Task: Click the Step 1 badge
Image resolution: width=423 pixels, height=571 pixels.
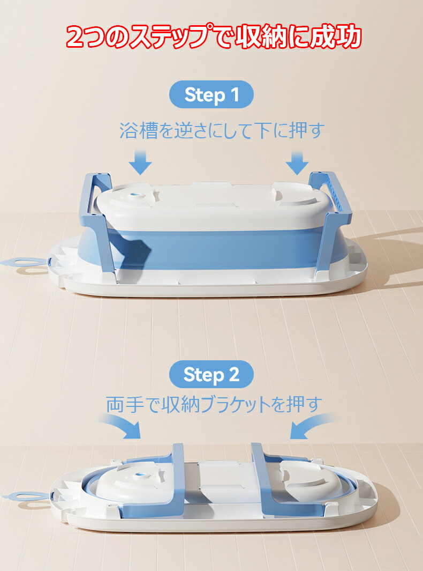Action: point(211,94)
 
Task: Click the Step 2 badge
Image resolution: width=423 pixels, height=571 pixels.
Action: point(211,374)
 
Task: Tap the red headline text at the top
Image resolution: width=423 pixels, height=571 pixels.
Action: point(214,36)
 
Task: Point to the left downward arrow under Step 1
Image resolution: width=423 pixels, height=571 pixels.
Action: point(140,162)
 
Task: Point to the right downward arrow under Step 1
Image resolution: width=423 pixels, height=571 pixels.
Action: point(297,162)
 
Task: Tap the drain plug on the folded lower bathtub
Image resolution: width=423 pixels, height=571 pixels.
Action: point(140,475)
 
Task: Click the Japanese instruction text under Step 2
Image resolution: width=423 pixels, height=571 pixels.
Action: point(214,405)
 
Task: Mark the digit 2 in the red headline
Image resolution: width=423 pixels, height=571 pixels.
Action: point(75,37)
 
